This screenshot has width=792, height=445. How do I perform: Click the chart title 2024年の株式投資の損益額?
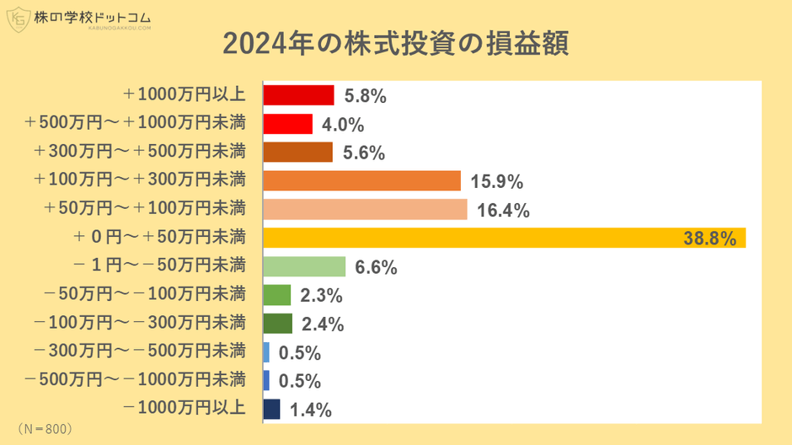click(x=395, y=44)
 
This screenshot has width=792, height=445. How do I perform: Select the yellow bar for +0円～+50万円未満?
click(x=504, y=239)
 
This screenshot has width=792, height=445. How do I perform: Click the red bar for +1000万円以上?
click(x=298, y=95)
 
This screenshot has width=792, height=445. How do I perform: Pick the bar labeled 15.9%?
click(x=361, y=181)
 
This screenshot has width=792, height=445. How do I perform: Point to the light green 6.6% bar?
click(x=304, y=267)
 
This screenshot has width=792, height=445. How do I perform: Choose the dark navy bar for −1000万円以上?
click(x=271, y=410)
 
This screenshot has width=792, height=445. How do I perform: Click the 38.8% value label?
click(x=714, y=239)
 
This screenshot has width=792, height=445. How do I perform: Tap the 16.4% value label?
click(x=503, y=211)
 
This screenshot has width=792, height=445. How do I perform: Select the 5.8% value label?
click(x=365, y=96)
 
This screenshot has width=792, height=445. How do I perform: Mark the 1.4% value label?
click(x=311, y=410)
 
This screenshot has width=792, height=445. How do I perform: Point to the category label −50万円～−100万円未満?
click(x=145, y=294)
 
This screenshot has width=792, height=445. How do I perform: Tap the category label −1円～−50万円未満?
click(x=159, y=265)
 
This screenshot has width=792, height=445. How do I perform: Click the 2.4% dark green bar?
click(x=277, y=324)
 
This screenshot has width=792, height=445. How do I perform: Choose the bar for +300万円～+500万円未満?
click(x=297, y=153)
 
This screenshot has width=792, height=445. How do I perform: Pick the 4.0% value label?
click(x=343, y=125)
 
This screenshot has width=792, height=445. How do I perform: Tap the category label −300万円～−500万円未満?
click(x=140, y=351)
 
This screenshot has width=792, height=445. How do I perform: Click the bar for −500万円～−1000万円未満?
click(x=266, y=381)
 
